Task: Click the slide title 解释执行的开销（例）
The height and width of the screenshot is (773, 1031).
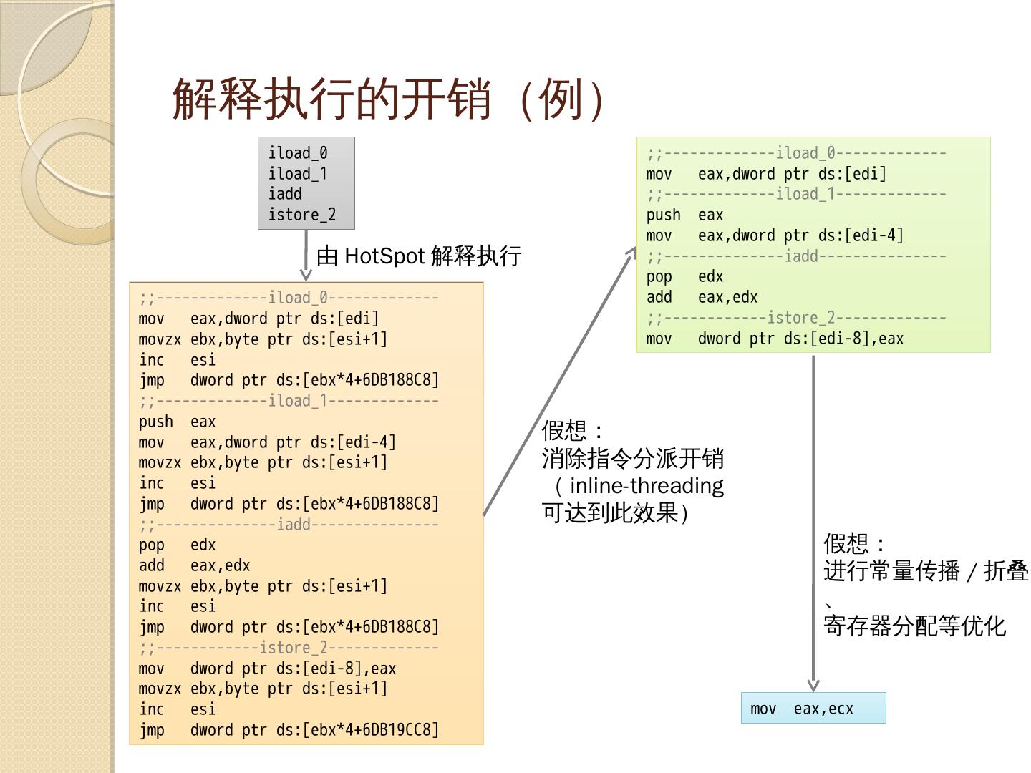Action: [390, 99]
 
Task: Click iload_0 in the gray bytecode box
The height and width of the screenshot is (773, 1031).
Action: [298, 153]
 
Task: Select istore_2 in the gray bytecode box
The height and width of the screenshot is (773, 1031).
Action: [301, 215]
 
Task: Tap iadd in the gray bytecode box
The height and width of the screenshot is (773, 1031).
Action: [285, 194]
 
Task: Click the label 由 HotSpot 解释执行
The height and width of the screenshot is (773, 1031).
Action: [419, 256]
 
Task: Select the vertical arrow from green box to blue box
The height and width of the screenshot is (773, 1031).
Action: [813, 522]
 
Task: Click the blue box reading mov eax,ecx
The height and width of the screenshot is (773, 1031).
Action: [813, 709]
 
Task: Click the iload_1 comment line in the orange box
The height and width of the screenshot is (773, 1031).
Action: [289, 401]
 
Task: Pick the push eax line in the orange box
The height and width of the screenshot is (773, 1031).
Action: [178, 422]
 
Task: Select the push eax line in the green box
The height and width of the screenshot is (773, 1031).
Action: [684, 215]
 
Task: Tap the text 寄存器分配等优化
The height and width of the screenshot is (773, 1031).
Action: [914, 626]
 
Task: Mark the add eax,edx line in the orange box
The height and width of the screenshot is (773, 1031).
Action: [194, 565]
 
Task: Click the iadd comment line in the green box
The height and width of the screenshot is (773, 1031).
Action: [796, 256]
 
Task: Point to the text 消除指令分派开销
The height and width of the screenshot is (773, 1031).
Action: [632, 458]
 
